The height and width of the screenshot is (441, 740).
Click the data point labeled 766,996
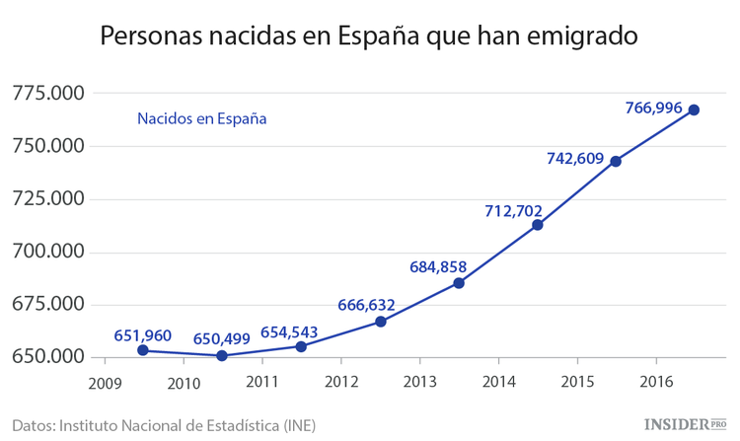pyautogui.click(x=694, y=110)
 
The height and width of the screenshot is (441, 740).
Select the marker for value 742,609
pyautogui.click(x=616, y=161)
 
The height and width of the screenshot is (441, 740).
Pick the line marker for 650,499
pyautogui.click(x=222, y=355)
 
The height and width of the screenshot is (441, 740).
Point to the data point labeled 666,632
pyautogui.click(x=380, y=321)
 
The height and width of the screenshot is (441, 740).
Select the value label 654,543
pyautogui.click(x=291, y=331)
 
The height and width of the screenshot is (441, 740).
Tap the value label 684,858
pyautogui.click(x=437, y=266)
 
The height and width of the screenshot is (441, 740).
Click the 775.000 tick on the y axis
pyautogui.click(x=47, y=94)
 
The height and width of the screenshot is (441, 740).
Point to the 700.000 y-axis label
pyautogui.click(x=47, y=252)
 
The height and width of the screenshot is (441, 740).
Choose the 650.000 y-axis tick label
pyautogui.click(x=47, y=356)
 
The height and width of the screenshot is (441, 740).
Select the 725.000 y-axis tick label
pyautogui.click(x=47, y=199)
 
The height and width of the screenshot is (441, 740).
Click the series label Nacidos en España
pyautogui.click(x=202, y=118)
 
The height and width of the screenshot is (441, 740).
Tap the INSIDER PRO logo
pyautogui.click(x=685, y=424)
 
